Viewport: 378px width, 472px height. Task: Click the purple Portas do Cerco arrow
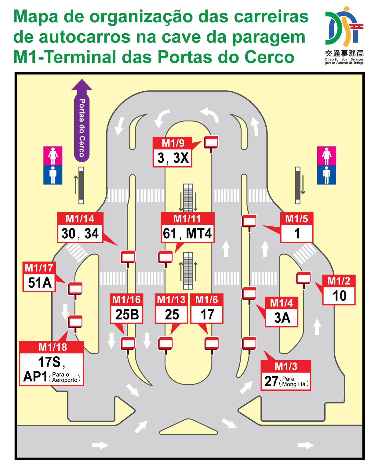click(82, 121)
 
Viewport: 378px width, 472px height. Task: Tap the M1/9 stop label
click(173, 143)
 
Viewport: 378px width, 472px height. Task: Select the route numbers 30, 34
click(80, 233)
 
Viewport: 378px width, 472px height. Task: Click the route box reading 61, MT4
click(187, 233)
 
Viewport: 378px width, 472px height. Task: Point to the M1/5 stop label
click(296, 219)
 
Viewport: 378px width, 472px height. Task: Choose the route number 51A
click(40, 283)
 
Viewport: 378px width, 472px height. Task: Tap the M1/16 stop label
click(126, 300)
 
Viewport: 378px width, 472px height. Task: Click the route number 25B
click(127, 315)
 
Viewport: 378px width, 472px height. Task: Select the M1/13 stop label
click(171, 300)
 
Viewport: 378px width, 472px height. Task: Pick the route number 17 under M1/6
click(207, 315)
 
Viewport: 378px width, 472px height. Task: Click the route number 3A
click(282, 318)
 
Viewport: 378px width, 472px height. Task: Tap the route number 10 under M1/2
click(339, 296)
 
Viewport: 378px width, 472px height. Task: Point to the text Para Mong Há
click(294, 381)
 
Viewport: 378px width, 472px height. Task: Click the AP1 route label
click(35, 377)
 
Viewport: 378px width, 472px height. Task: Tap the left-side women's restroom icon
click(53, 156)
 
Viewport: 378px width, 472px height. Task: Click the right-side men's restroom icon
click(326, 175)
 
